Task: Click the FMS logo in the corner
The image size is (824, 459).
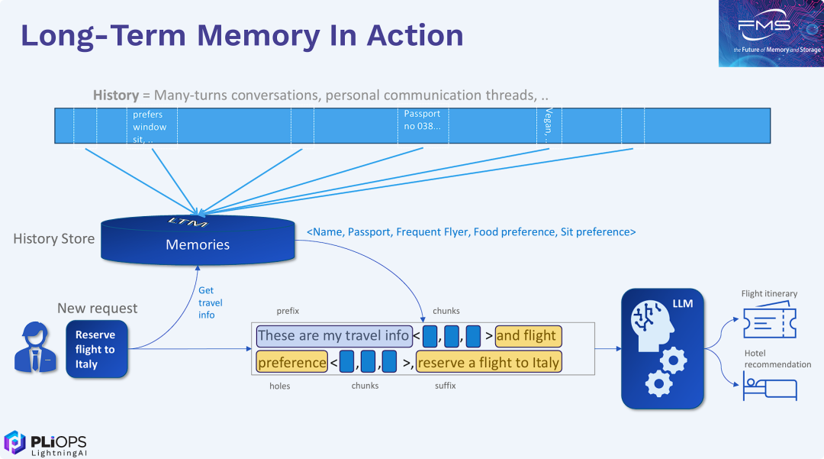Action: coord(770,33)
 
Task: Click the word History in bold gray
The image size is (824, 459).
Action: coord(115,95)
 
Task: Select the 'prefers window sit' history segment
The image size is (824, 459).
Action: coord(150,127)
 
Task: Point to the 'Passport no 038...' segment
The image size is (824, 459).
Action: coord(422,120)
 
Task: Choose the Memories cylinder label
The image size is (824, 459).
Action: coord(198,245)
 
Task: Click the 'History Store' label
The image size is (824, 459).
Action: coord(54,239)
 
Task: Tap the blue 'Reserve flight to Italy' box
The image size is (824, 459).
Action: coord(95,349)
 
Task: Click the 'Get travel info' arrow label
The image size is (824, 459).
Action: coord(206,302)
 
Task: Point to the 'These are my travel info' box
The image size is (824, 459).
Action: coord(333,335)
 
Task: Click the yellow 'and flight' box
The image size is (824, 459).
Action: coord(528,335)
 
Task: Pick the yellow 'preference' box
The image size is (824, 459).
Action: coord(291,362)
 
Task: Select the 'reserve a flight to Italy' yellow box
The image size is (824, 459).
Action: coord(488,362)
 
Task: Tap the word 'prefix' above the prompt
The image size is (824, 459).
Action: coord(288,311)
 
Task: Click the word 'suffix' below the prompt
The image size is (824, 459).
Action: coord(446,386)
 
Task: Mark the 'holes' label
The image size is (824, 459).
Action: coord(280,386)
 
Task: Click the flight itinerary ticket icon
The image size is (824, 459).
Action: coord(769,321)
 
